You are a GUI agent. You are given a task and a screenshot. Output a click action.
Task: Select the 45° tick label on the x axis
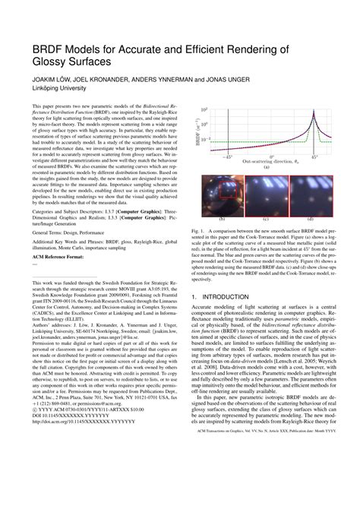tap(315, 156)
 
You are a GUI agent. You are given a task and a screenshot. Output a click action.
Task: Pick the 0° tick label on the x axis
tap(271, 156)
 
